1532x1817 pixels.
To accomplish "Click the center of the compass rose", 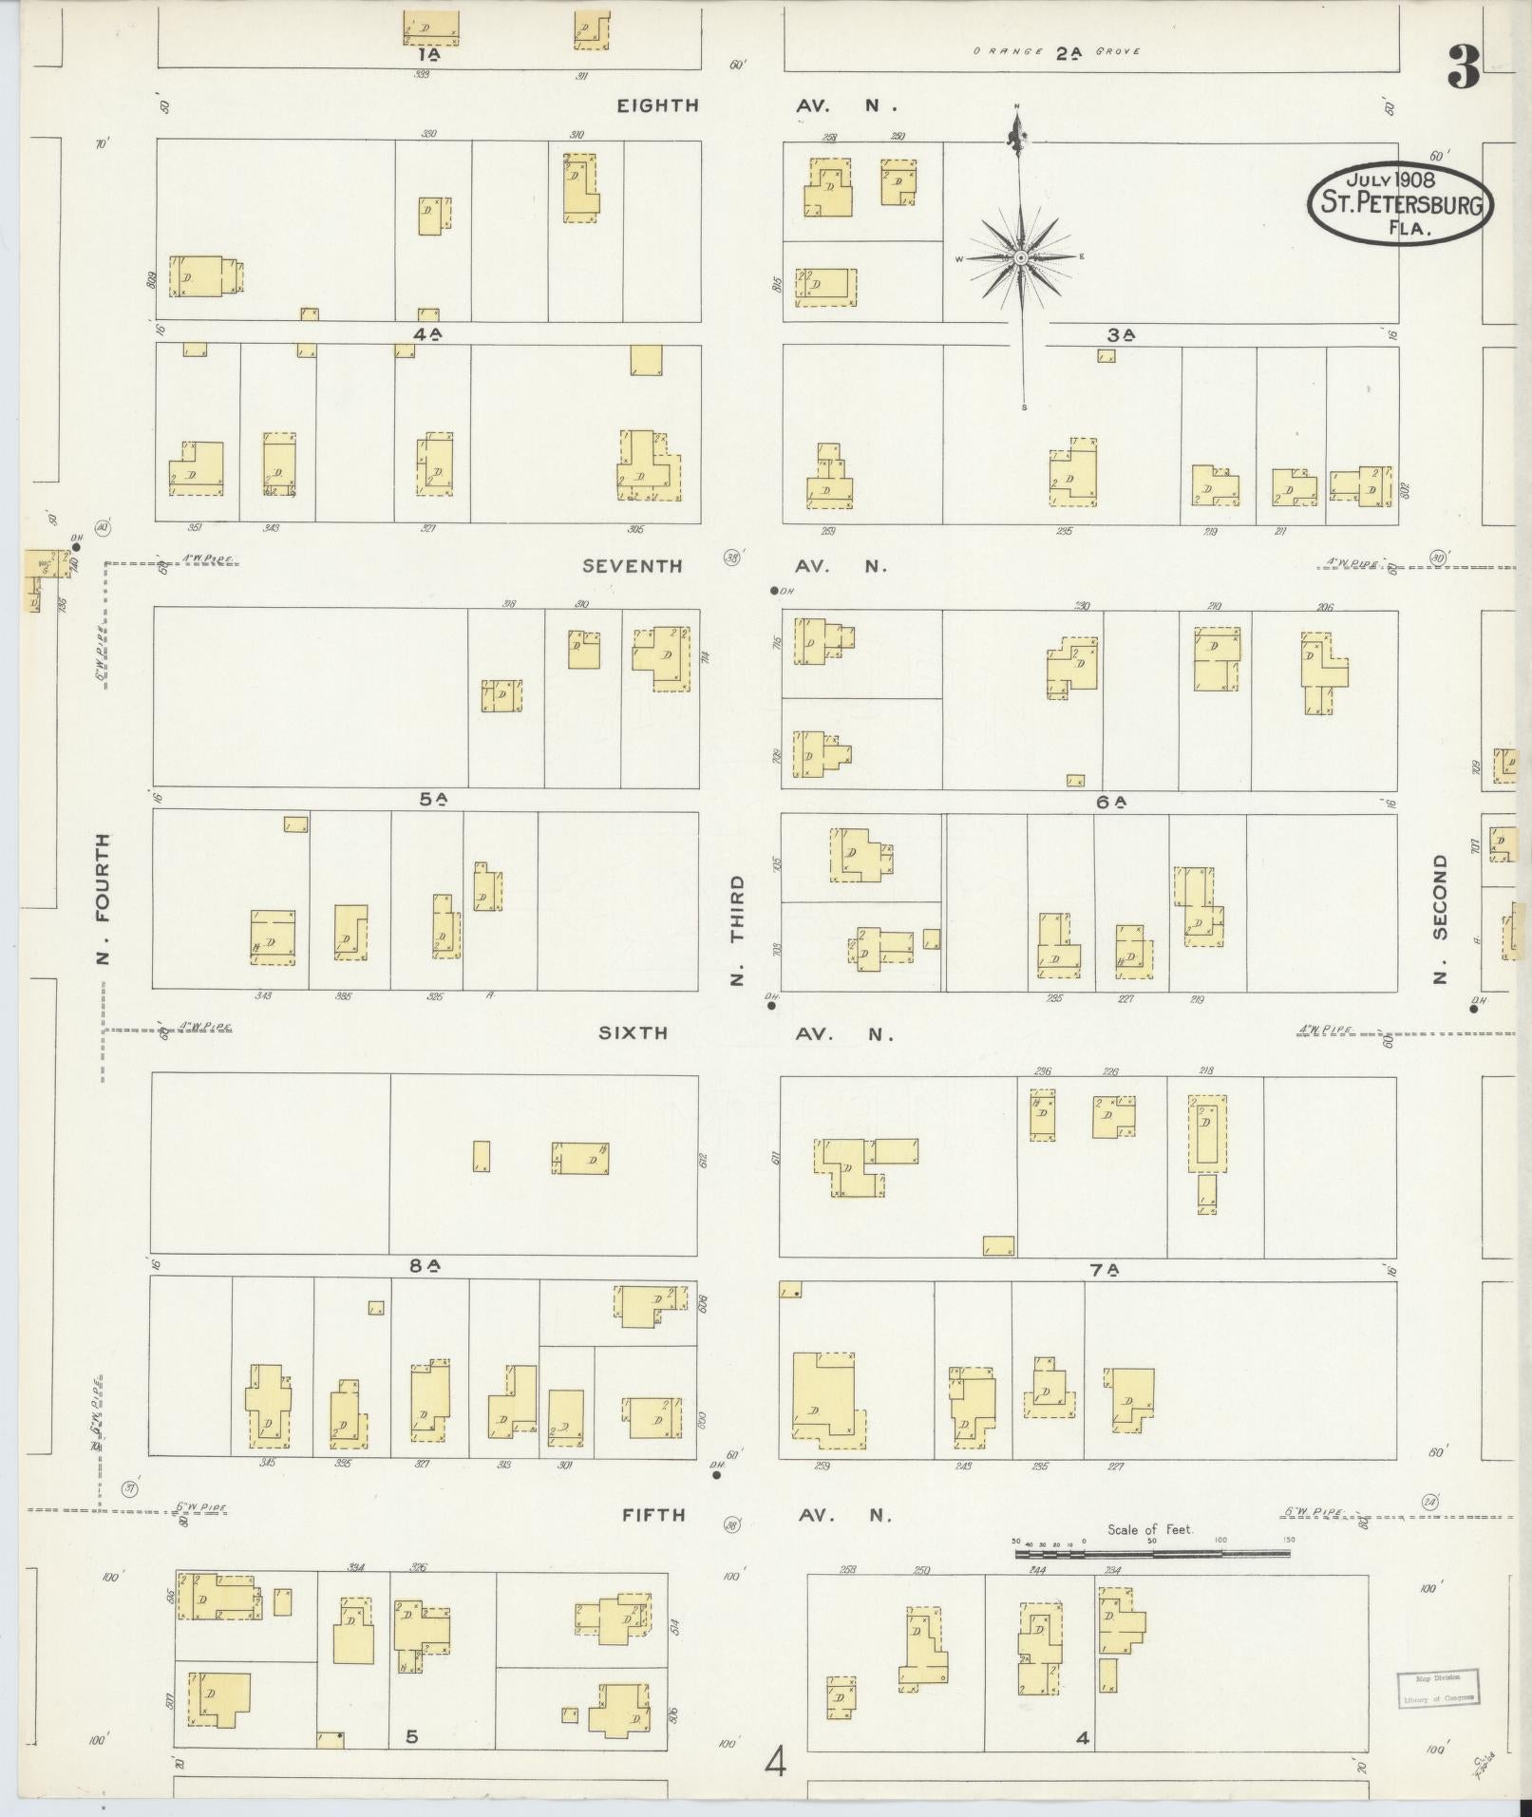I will pyautogui.click(x=1020, y=257).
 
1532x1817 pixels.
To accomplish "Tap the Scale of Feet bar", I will pyautogui.click(x=1152, y=1554).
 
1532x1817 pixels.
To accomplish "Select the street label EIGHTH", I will pyautogui.click(x=657, y=105).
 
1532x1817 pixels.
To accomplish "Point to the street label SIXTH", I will pyautogui.click(x=633, y=1033).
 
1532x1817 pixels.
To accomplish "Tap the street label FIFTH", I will pyautogui.click(x=653, y=1515).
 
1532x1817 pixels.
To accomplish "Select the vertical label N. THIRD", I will pyautogui.click(x=738, y=930).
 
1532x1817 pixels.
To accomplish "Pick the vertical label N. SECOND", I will pyautogui.click(x=1441, y=918).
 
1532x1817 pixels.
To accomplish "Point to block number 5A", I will pyautogui.click(x=433, y=800).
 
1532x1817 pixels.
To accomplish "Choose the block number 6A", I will pyautogui.click(x=1110, y=802).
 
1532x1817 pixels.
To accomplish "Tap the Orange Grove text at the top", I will pyautogui.click(x=1056, y=52).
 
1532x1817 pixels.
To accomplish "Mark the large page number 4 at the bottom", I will pyautogui.click(x=776, y=1765).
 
